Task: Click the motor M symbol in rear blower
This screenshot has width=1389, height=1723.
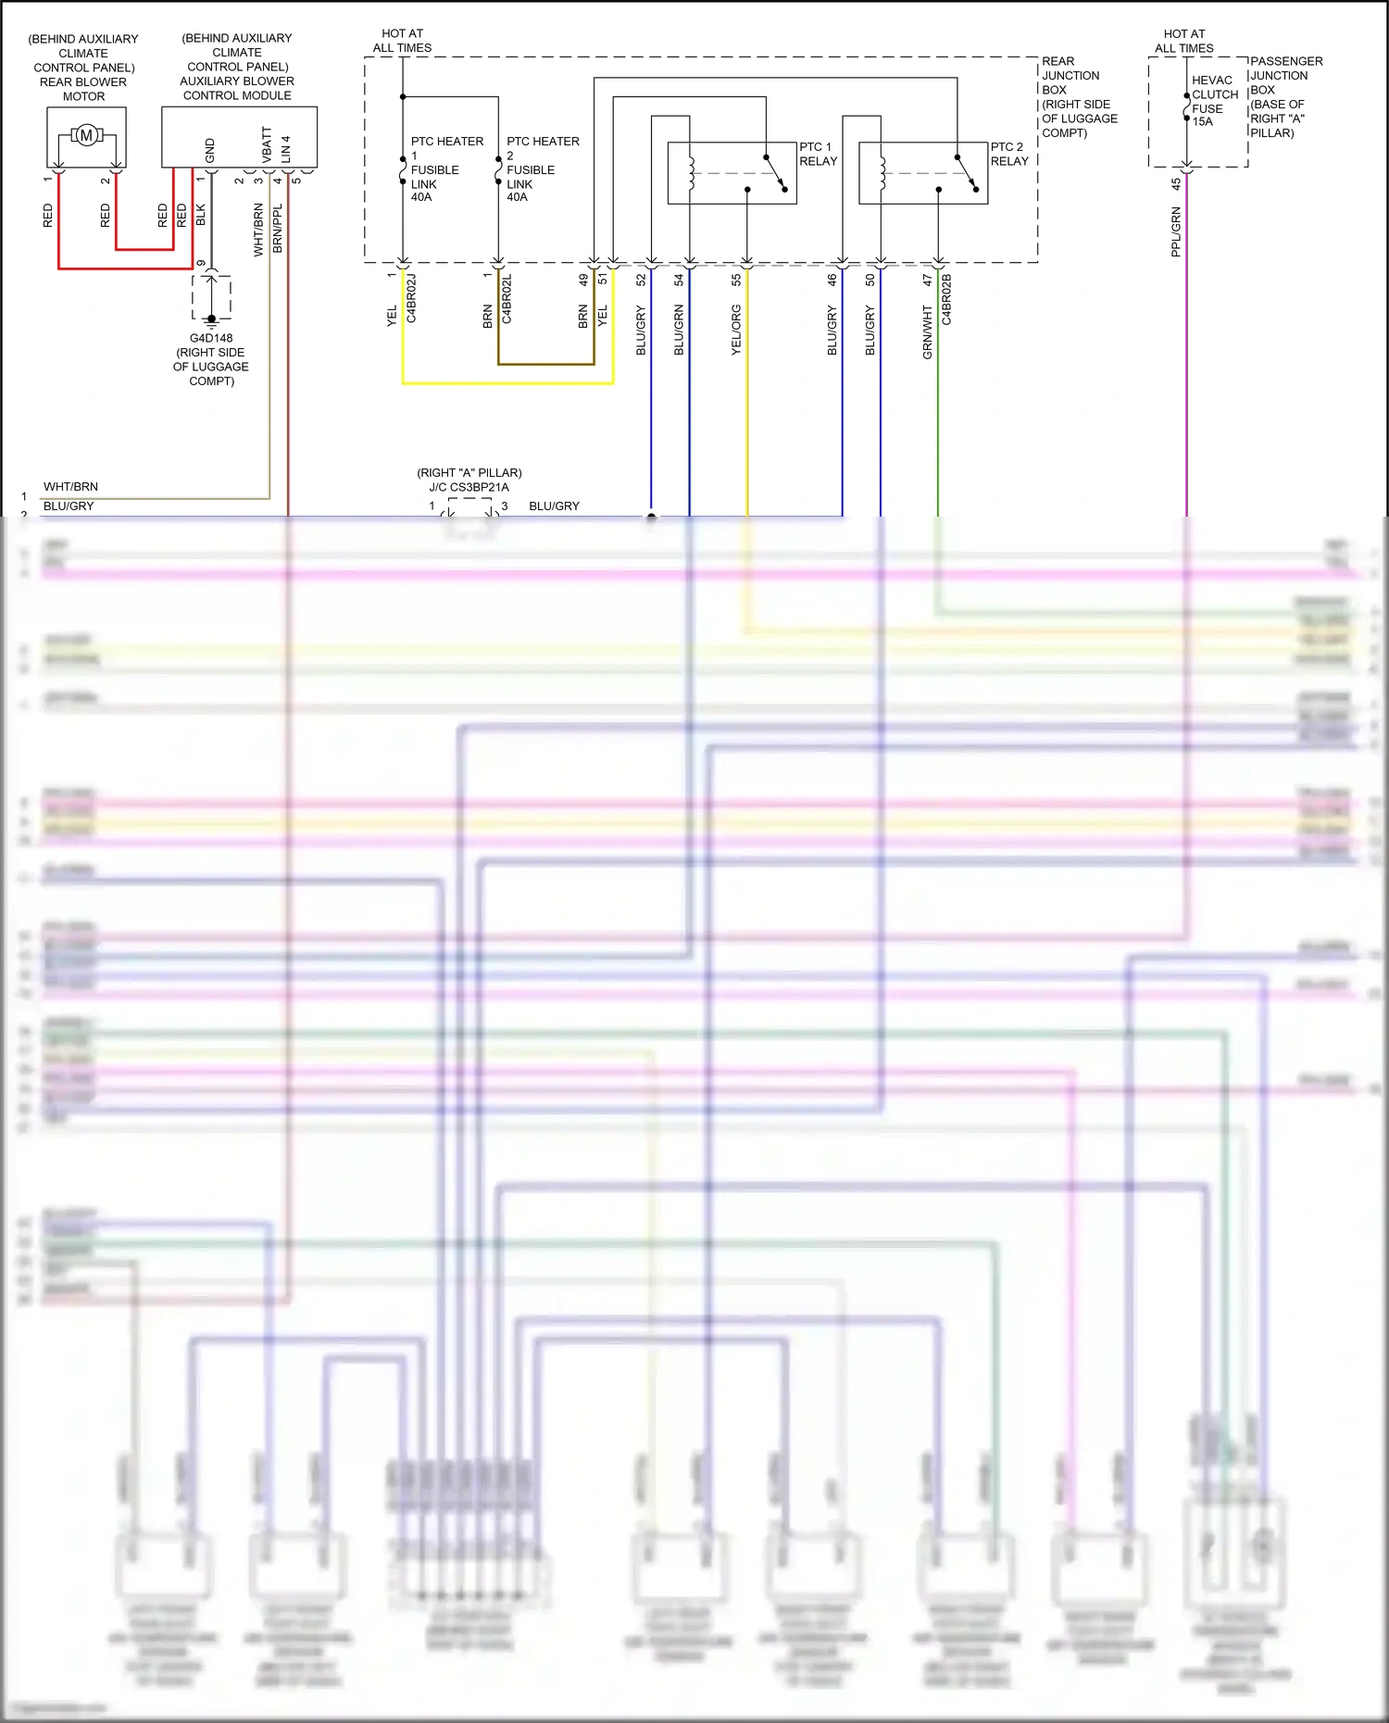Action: [x=86, y=136]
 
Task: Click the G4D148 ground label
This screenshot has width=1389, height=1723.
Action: [x=211, y=338]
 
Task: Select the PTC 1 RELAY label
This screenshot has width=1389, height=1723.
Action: [x=818, y=154]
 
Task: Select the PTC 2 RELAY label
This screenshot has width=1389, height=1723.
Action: [x=1009, y=154]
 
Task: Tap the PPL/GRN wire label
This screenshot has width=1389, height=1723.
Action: [x=1176, y=231]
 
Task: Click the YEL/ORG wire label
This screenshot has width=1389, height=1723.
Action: [x=736, y=330]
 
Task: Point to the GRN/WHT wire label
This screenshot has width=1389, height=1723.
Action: [x=927, y=332]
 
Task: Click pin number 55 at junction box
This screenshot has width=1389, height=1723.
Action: [x=736, y=279]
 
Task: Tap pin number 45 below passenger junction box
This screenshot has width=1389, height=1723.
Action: [x=1176, y=184]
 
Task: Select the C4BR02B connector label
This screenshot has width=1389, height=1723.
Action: [x=946, y=299]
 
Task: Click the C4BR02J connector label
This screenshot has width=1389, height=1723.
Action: [x=411, y=298]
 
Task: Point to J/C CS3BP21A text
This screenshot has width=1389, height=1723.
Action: [x=469, y=487]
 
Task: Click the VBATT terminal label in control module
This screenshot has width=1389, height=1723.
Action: [x=267, y=145]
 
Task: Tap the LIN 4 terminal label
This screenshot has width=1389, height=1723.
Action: [x=286, y=148]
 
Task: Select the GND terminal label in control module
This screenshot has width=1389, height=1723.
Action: [x=210, y=150]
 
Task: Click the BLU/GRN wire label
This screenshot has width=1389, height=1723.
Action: [x=679, y=330]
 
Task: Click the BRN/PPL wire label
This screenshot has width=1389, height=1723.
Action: [x=278, y=229]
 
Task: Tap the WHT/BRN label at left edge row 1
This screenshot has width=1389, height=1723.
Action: [x=70, y=486]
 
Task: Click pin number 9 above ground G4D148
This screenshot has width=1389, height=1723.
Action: [x=202, y=263]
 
